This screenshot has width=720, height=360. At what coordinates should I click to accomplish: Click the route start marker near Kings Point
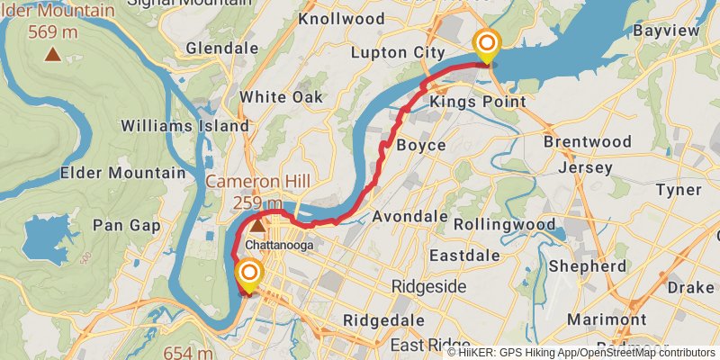coord(487,43)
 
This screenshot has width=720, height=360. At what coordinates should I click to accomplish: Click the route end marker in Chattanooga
coord(248,273)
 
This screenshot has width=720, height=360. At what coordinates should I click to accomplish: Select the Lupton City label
coord(397,52)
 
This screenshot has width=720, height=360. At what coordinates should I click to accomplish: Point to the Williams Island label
coord(184,126)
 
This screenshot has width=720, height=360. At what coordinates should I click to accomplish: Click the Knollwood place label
coord(341,18)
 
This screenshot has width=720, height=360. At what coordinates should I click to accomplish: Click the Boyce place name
coord(420,145)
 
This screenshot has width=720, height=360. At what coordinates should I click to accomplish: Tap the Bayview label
coord(666,31)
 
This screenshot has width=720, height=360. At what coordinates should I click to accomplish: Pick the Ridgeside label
coord(428,286)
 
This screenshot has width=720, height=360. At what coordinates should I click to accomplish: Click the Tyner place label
coord(678,190)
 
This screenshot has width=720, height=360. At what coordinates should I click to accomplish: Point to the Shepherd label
coord(587,266)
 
